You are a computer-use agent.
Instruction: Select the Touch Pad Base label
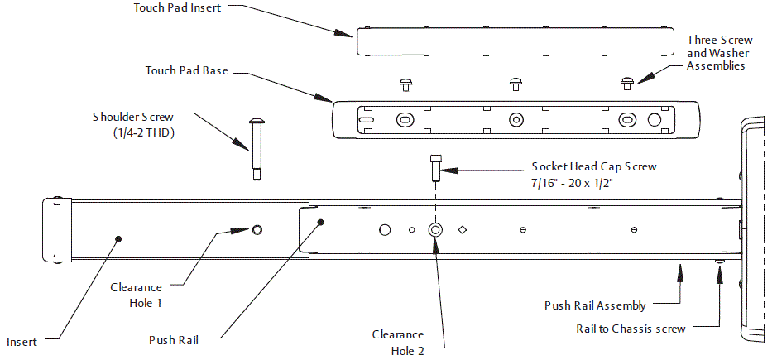pyautogui.click(x=186, y=71)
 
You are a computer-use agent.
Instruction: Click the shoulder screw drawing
pyautogui.click(x=257, y=147)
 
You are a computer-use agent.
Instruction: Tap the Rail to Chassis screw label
pyautogui.click(x=631, y=329)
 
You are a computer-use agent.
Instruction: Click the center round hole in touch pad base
pyautogui.click(x=515, y=118)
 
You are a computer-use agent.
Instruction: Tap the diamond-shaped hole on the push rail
pyautogui.click(x=463, y=229)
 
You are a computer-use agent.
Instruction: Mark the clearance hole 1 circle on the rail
pyautogui.click(x=257, y=229)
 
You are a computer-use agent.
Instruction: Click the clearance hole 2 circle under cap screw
pyautogui.click(x=435, y=229)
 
